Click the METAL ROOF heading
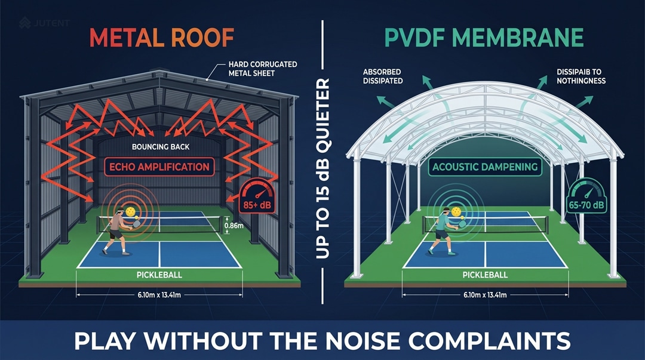pyautogui.click(x=161, y=38)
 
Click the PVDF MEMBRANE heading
pyautogui.click(x=483, y=38)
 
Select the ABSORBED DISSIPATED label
pyautogui.click(x=383, y=76)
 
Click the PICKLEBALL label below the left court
pyautogui.click(x=159, y=275)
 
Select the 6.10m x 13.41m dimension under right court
pyautogui.click(x=485, y=294)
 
